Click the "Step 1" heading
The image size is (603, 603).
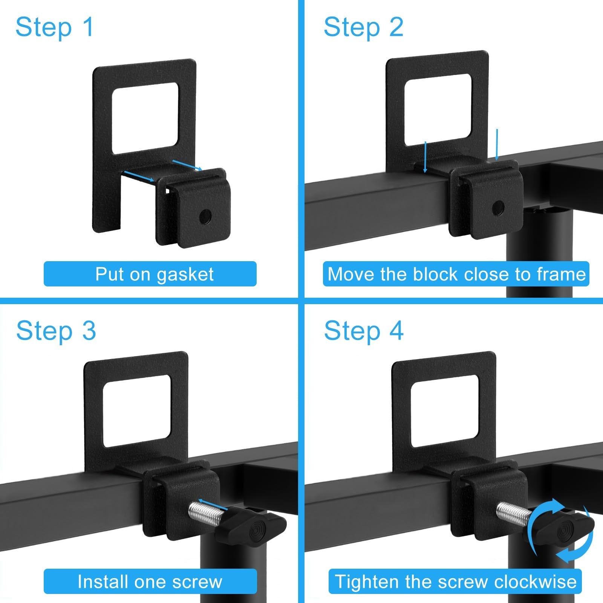[55, 28]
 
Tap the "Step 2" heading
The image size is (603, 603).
[364, 28]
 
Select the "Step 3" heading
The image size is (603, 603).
[56, 331]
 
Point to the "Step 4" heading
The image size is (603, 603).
[364, 331]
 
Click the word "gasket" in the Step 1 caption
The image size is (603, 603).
[185, 275]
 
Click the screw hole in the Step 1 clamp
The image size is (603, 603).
[205, 216]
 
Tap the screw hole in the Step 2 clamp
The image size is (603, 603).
[499, 207]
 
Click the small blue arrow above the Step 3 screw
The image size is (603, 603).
[213, 505]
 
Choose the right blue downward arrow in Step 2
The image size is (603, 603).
[497, 145]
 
